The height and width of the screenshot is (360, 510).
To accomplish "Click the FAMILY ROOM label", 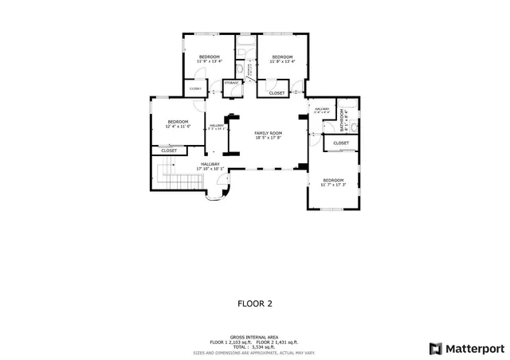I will [269, 132].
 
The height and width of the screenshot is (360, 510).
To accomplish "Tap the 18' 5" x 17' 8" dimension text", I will [269, 138].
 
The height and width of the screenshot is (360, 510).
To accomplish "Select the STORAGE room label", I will [232, 82].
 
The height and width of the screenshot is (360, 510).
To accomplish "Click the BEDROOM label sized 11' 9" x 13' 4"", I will [210, 57].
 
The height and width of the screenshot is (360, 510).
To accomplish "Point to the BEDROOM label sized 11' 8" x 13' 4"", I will [282, 57].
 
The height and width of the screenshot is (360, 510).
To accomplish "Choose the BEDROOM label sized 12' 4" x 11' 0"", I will [177, 121].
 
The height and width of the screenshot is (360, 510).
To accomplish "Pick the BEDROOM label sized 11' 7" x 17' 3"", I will [333, 180].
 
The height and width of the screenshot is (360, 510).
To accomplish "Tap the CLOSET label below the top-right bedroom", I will [277, 93].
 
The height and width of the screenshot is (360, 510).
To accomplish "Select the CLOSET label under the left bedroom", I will [170, 150].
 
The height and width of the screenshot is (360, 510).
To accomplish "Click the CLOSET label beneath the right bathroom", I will [341, 143].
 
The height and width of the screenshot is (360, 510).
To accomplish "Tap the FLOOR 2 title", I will [255, 303].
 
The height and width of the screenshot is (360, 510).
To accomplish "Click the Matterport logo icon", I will [434, 348].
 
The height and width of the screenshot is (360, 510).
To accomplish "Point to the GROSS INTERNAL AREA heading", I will [254, 337].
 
